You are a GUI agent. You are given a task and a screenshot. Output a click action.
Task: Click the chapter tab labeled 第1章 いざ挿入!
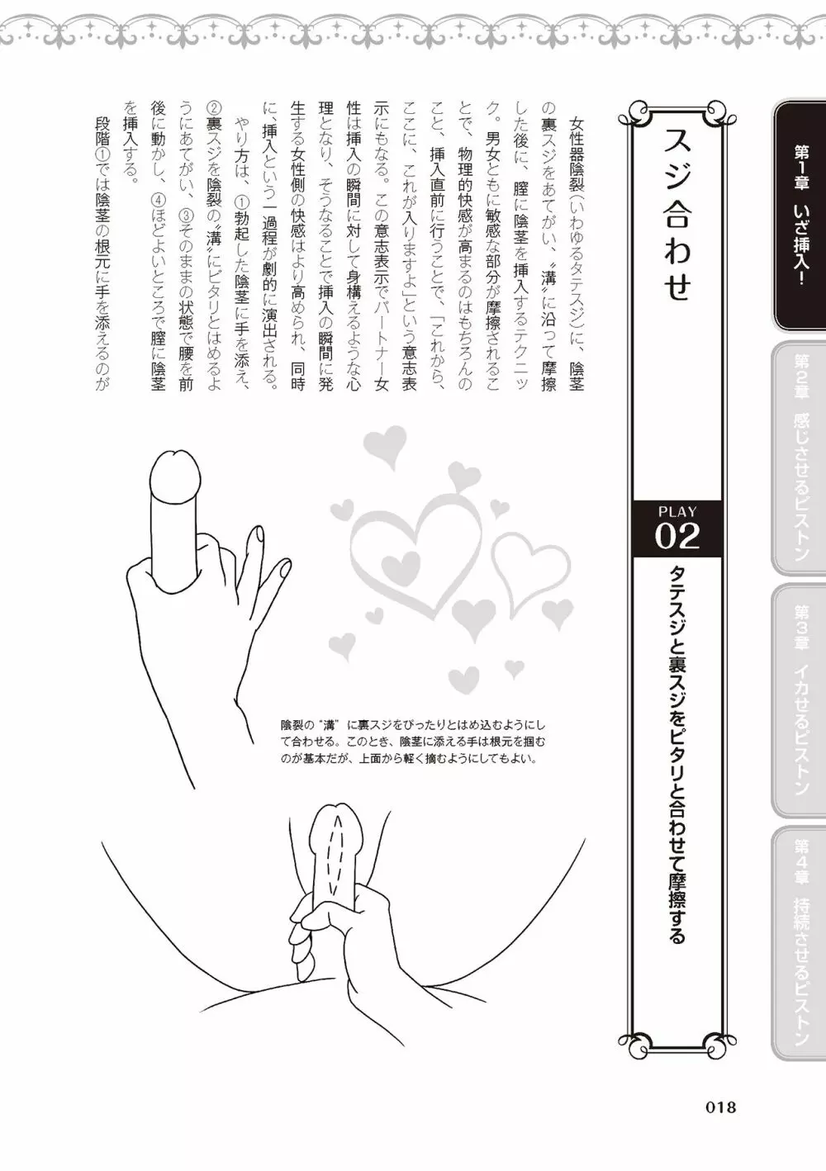(x=800, y=216)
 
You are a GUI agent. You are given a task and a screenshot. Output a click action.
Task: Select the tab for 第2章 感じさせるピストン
(x=800, y=457)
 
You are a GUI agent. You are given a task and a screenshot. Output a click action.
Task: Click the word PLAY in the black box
(x=677, y=510)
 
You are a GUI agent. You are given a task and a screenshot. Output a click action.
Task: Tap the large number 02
(x=677, y=536)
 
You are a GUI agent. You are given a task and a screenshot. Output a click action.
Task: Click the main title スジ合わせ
(x=677, y=216)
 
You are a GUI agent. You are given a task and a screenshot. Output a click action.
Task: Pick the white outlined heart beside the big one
(x=530, y=567)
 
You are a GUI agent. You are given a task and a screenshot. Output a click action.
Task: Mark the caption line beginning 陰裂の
(x=413, y=726)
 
